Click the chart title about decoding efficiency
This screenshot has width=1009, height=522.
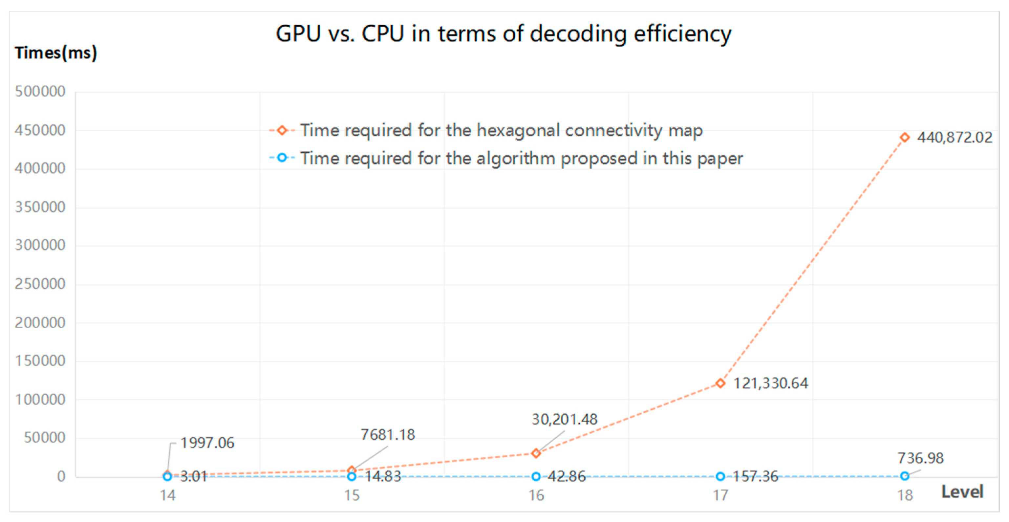(x=503, y=34)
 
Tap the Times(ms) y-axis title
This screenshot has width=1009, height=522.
(x=55, y=53)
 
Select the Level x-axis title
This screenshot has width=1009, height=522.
(x=962, y=491)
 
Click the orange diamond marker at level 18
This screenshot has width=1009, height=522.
(x=904, y=138)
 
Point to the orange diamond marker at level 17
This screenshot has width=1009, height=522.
(x=720, y=383)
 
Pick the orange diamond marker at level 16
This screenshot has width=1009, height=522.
(x=536, y=453)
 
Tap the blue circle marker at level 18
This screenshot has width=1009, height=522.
(x=904, y=476)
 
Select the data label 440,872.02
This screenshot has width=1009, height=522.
(x=955, y=138)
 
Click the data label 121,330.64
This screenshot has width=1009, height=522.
(x=770, y=383)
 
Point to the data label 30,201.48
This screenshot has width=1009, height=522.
(x=565, y=420)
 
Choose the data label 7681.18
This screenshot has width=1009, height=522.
(x=387, y=435)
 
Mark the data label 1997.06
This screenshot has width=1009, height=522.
(x=207, y=443)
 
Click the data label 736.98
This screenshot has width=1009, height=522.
(x=920, y=458)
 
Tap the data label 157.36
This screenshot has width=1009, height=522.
(x=755, y=477)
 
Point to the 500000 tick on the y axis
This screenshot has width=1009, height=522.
(x=40, y=91)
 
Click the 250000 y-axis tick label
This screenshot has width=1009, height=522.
(x=40, y=284)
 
